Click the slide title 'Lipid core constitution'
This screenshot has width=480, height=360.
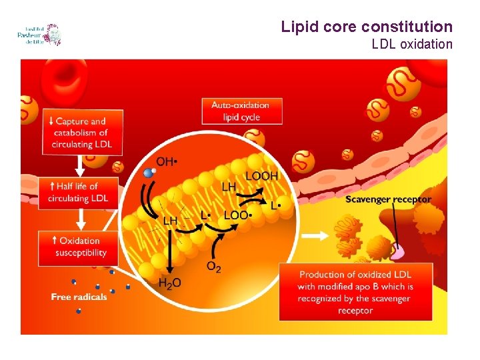[x=366, y=27]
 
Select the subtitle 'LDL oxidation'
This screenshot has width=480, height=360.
[x=411, y=45]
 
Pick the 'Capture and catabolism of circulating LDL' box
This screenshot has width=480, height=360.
[x=80, y=133]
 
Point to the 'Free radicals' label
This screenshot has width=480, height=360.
[x=79, y=297]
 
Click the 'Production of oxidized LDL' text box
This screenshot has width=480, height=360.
[x=356, y=292]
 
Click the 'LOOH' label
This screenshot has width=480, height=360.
[x=261, y=176]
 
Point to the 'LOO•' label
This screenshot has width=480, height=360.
[x=237, y=215]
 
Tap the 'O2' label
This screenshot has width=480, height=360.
[x=214, y=267]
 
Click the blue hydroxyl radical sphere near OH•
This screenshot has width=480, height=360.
[x=149, y=173]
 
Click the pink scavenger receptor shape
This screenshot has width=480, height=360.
[x=398, y=251]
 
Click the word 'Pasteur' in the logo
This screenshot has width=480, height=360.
[x=30, y=35]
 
